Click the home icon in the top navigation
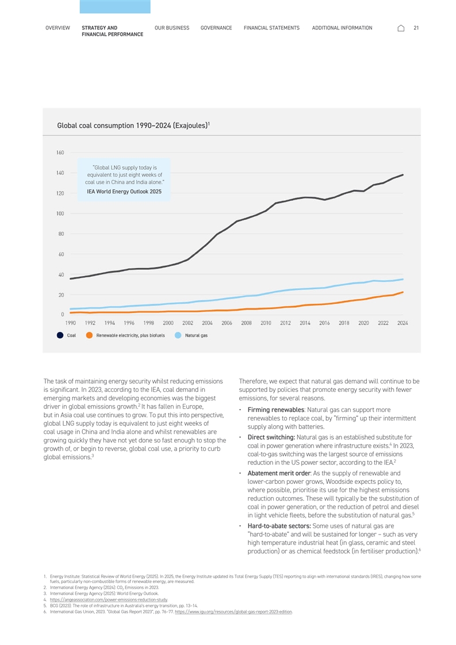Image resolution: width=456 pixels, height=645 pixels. pos(401,28)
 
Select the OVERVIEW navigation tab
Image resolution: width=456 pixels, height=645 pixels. pos(58,28)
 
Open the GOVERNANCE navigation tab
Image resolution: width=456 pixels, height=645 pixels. pos(216,28)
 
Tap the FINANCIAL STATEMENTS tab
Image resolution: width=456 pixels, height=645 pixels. pos(271,28)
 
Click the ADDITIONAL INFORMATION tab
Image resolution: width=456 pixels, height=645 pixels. pos(342,28)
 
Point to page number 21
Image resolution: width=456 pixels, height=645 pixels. pos(416,28)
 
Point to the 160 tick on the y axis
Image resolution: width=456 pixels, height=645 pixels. pos(60,152)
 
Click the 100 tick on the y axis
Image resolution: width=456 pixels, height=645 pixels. pos(60,213)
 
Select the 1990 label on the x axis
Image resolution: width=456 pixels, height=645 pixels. pos(71,323)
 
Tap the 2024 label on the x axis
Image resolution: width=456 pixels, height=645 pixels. pos(403,323)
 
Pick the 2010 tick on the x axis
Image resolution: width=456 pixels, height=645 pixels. pos(266,323)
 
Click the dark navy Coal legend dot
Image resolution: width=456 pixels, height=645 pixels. pos(60,335)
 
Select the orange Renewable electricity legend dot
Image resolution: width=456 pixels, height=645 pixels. pos(89,335)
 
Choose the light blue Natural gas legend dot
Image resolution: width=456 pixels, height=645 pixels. pos(178,335)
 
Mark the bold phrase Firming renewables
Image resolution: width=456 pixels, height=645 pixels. pos(275,410)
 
